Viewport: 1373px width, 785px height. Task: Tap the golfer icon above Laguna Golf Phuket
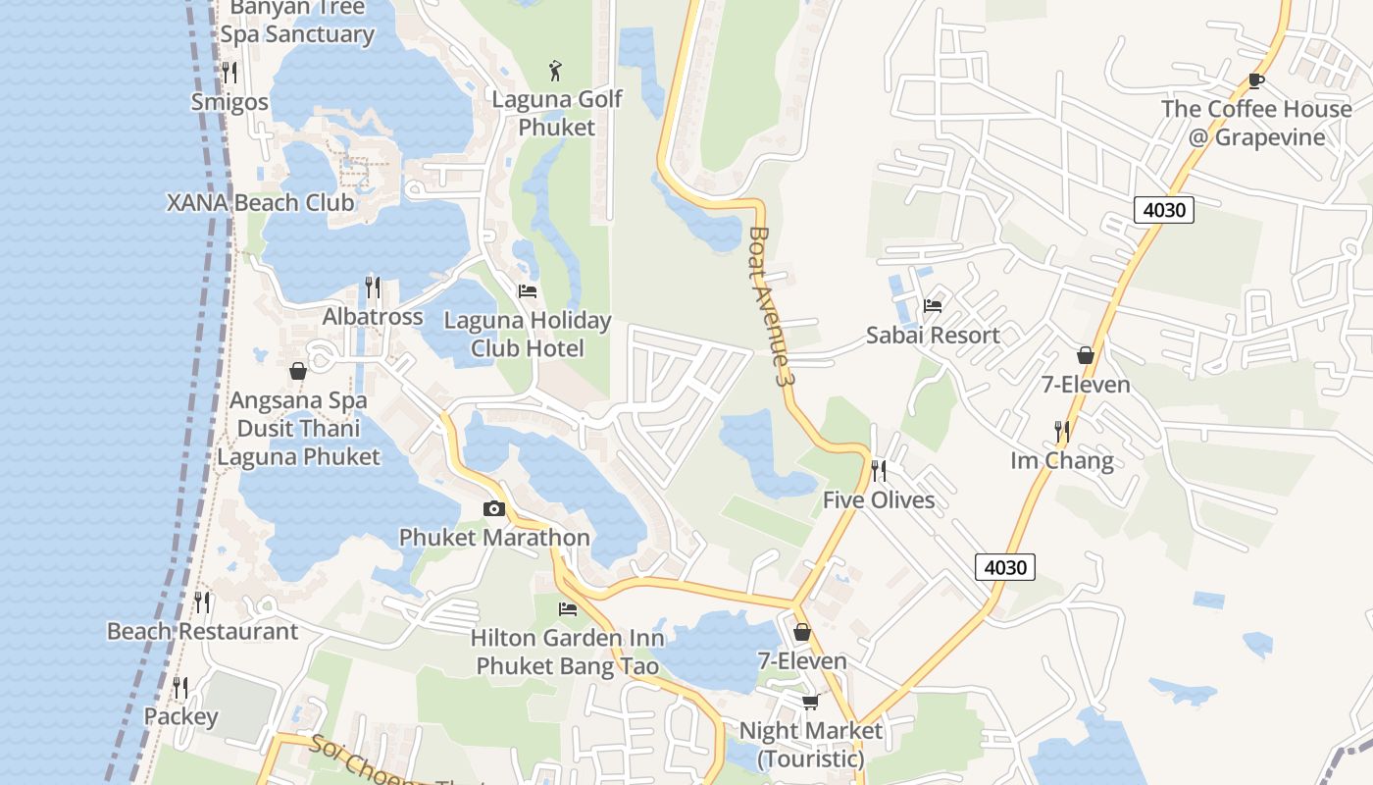[x=556, y=71]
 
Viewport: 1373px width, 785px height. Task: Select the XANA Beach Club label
[x=260, y=203]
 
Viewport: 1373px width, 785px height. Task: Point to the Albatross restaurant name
[x=373, y=317]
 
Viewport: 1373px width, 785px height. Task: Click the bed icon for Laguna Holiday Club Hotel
[x=528, y=291]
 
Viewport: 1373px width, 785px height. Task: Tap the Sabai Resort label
[x=933, y=336]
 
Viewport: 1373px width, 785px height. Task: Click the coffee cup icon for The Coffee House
[x=1255, y=80]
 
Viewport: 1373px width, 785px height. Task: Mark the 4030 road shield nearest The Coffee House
[x=1163, y=210]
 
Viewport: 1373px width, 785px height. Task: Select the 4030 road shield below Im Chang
[x=1005, y=567]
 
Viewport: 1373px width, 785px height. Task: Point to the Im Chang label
[x=1062, y=461]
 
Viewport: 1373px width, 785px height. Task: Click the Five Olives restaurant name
[x=878, y=500]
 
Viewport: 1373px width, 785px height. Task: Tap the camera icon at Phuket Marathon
[x=494, y=508]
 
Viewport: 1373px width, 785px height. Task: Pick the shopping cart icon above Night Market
[x=810, y=701]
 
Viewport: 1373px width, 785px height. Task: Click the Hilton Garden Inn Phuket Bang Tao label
[x=567, y=652]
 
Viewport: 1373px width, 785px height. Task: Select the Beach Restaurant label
[x=202, y=631]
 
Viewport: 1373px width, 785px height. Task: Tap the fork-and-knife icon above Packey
[x=180, y=687]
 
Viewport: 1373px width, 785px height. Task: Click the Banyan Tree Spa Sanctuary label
[x=297, y=22]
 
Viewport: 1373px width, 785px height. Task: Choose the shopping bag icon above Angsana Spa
[x=298, y=371]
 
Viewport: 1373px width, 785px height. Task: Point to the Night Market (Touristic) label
[x=810, y=745]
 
